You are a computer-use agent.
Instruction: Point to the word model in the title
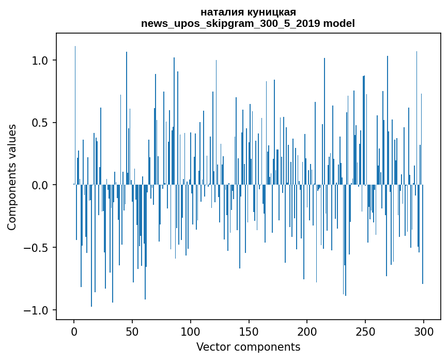point(339,23)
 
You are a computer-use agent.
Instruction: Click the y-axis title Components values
point(12,177)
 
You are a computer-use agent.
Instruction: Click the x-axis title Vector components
point(248,347)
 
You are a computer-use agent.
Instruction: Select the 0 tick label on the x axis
point(74,331)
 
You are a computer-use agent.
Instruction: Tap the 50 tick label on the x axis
point(132,331)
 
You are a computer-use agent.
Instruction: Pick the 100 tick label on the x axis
point(191,331)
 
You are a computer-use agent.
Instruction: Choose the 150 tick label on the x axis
point(249,331)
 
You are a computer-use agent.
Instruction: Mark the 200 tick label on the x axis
point(307,331)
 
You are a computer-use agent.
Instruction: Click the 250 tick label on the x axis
point(365,331)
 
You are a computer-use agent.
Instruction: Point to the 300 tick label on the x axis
point(423,331)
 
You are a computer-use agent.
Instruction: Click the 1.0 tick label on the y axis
point(40,61)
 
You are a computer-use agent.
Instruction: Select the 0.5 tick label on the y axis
point(40,123)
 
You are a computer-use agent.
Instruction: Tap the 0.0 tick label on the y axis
point(40,185)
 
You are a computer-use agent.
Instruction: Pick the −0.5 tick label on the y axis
point(36,248)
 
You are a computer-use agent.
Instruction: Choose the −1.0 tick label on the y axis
point(36,310)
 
